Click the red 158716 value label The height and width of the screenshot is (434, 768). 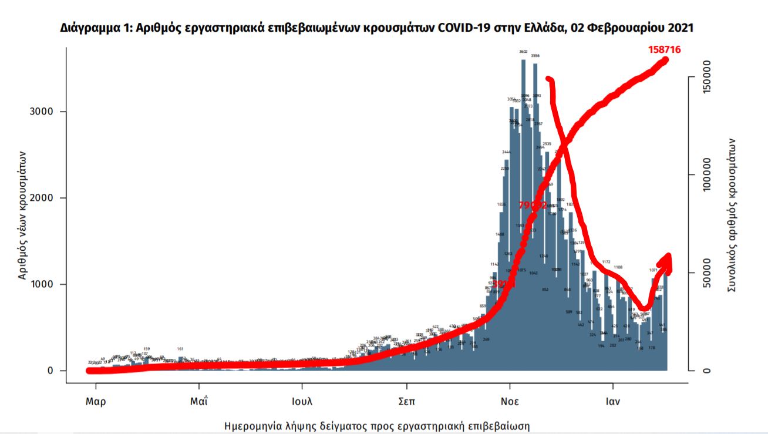(x=664, y=50)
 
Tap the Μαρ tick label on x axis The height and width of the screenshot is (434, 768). (x=96, y=403)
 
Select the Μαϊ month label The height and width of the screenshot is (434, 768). (x=199, y=403)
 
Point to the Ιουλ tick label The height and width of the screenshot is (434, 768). (x=302, y=403)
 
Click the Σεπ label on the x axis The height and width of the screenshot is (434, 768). (x=406, y=403)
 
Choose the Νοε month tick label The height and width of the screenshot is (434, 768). (x=510, y=403)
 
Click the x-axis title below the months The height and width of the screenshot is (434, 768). (x=381, y=425)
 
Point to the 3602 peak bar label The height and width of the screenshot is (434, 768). (x=523, y=52)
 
